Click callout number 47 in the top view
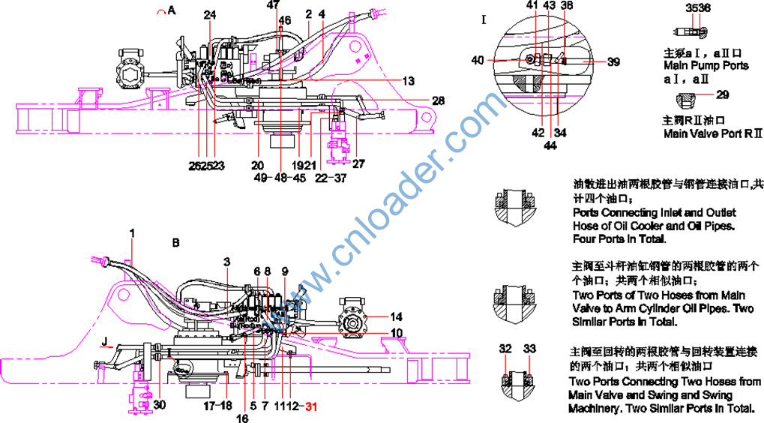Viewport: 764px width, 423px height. [x=273, y=5]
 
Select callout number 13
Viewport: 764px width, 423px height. [x=408, y=80]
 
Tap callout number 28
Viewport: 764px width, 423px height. [x=438, y=100]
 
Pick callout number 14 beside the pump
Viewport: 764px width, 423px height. [x=397, y=316]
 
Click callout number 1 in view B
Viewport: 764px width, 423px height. [x=132, y=233]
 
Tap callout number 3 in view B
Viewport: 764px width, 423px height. [x=226, y=261]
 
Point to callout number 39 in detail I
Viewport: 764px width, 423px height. [x=613, y=62]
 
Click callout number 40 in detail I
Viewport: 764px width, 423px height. [x=478, y=61]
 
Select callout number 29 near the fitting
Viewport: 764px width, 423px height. [x=722, y=95]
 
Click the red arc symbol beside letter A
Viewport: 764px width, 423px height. [x=159, y=11]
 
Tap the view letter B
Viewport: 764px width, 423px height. [x=176, y=243]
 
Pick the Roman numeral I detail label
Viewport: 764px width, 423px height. [x=484, y=19]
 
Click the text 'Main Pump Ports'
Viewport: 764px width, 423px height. [x=706, y=66]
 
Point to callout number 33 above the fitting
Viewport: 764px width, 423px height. [x=530, y=348]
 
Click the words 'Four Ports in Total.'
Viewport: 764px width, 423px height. [x=619, y=240]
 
